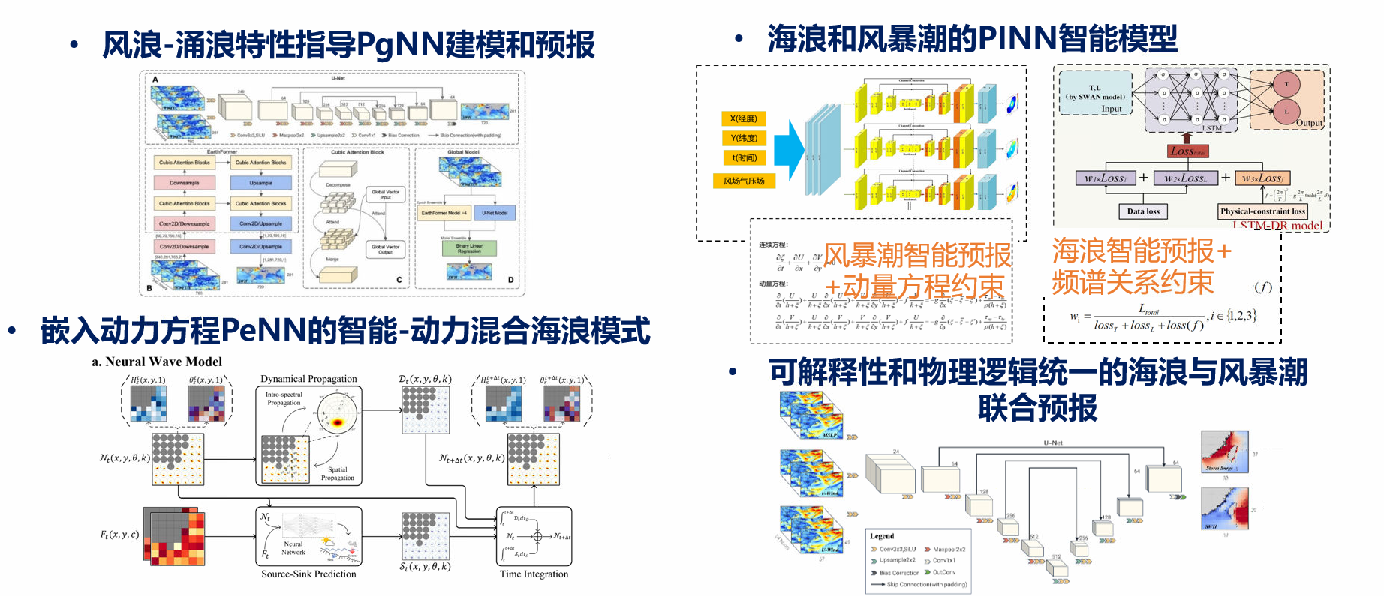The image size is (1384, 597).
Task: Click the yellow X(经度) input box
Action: [x=744, y=118]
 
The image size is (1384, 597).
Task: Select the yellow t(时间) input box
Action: [x=744, y=158]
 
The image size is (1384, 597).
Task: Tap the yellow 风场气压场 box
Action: [x=744, y=181]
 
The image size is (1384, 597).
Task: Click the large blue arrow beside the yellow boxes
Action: [x=789, y=151]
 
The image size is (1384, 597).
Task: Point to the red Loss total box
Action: [x=1187, y=151]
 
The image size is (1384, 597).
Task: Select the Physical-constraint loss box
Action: [x=1262, y=211]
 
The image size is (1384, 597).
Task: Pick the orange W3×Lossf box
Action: [x=1262, y=178]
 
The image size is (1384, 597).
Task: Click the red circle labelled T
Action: [x=1286, y=84]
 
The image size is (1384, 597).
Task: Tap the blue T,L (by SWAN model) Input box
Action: [x=1095, y=93]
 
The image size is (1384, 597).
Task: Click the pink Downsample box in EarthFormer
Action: [x=184, y=183]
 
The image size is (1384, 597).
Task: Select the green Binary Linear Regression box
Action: [x=468, y=248]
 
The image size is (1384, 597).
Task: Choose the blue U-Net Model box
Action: [x=495, y=213]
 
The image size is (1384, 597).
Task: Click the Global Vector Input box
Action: [x=386, y=195]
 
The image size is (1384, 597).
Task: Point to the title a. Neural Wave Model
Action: [x=157, y=361]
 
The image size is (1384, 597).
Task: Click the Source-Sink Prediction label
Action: [x=308, y=574]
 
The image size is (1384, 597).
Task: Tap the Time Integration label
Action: [x=534, y=574]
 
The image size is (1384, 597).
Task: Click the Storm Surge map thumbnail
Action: [x=1223, y=451]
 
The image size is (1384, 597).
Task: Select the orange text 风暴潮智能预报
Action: [x=917, y=255]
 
